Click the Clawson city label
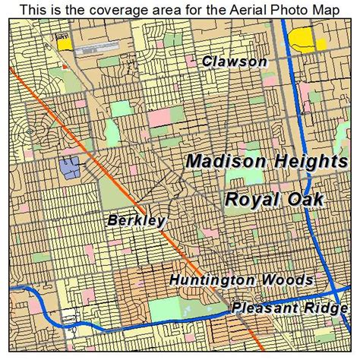235,62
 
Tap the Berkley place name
137,221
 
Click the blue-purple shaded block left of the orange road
69,167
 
